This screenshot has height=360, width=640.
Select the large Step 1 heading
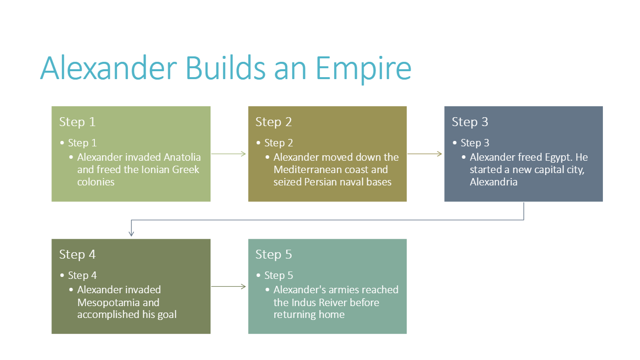point(77,122)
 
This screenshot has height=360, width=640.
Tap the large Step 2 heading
point(273,122)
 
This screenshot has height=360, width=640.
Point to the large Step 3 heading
point(469,122)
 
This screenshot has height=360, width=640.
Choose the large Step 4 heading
point(77,254)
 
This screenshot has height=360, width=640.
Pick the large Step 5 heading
point(273,254)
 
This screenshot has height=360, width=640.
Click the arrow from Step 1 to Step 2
point(229,154)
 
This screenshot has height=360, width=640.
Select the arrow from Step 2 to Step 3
point(425,154)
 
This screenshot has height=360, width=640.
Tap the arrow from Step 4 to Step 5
point(229,286)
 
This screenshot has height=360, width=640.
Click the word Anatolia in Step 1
point(182,157)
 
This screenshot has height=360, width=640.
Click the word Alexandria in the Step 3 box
point(493,182)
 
